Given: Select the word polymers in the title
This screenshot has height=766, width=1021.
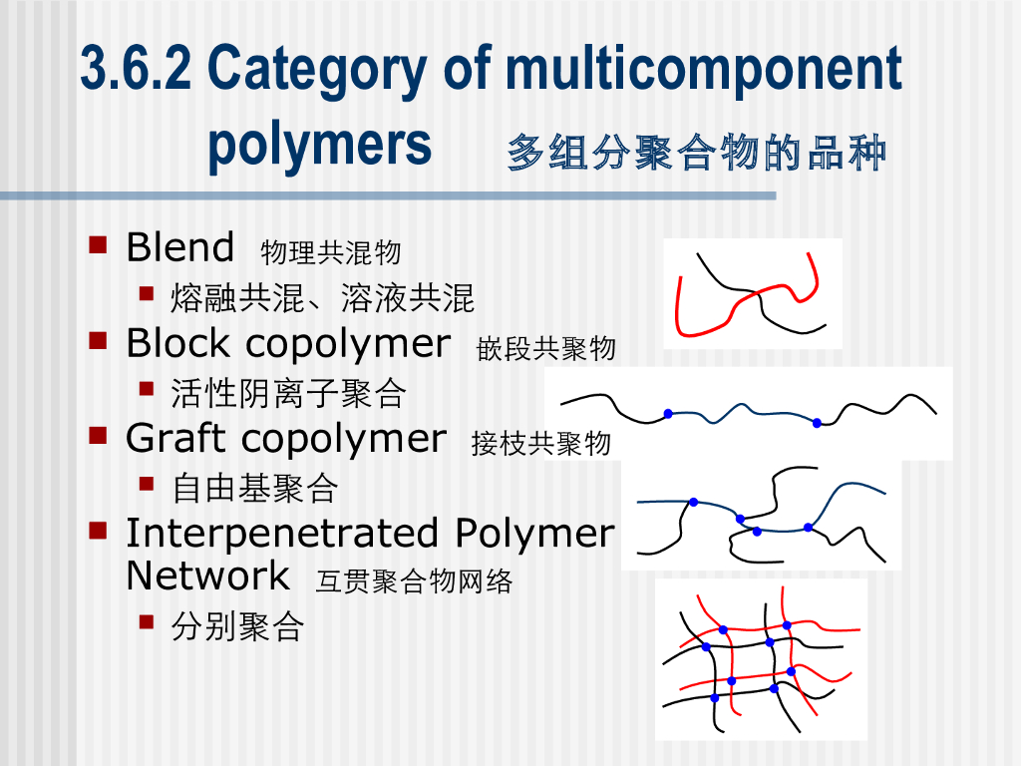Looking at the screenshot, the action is click(319, 145).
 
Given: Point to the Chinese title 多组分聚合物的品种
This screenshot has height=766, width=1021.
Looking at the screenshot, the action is click(696, 154).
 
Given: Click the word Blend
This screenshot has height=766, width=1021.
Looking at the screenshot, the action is click(179, 247).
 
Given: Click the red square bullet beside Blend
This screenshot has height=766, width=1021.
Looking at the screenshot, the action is click(98, 244).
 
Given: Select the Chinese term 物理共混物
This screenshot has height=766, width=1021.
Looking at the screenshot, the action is click(330, 252).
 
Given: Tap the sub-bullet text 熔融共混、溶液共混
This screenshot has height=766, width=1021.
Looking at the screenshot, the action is click(322, 297).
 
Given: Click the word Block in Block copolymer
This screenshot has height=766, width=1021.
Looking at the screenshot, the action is click(177, 344).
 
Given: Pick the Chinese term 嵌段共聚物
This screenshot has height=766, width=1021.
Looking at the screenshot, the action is click(546, 348).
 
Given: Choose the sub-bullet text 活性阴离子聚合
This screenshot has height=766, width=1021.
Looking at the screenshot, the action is click(288, 393).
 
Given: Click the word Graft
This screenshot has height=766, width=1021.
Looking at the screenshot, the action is click(178, 439).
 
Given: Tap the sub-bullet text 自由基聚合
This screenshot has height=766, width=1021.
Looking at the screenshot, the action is click(254, 488).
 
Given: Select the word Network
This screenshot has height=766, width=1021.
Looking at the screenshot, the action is click(207, 576).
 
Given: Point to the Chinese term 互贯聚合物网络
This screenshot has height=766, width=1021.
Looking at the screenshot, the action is click(414, 581).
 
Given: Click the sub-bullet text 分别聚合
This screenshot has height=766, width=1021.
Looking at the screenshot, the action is click(237, 626).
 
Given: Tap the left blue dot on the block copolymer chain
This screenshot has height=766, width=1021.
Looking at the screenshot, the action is click(668, 413).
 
